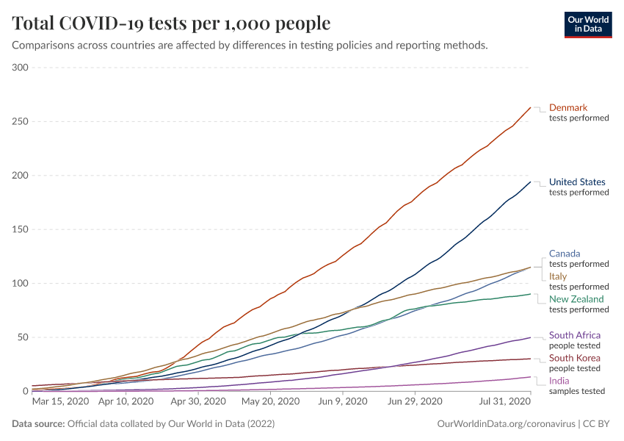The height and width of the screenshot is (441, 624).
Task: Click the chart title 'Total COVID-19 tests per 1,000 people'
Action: tap(171, 24)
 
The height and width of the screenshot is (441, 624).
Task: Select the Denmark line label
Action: tap(568, 107)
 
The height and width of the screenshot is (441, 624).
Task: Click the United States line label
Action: tap(577, 182)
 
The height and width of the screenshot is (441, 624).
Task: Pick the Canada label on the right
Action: tap(565, 254)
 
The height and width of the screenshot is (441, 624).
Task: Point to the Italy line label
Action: tap(558, 276)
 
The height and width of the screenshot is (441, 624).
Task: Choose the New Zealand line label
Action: tap(576, 299)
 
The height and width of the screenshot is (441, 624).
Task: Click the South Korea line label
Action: tap(575, 358)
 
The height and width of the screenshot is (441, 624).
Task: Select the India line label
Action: tap(558, 381)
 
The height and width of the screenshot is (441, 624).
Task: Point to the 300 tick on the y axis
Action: tap(20, 68)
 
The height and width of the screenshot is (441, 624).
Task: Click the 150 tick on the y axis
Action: tap(20, 229)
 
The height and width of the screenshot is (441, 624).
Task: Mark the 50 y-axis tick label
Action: tap(22, 337)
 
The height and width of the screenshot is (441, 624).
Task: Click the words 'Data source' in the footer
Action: tap(37, 424)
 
